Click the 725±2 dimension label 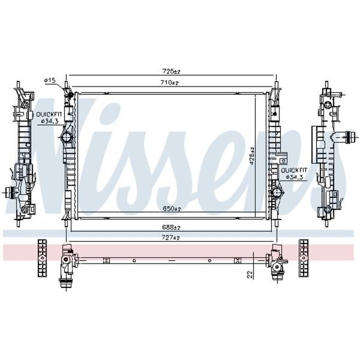pos(172,71)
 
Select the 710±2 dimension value pos(170,82)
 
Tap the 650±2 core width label pos(172,208)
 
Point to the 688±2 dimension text pos(171,227)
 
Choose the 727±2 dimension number pos(171,238)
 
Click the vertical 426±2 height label pos(252,156)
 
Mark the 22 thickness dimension pos(250,275)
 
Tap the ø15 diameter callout pos(50,80)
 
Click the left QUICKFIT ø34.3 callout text pos(49,118)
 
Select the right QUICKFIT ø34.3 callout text pos(294,173)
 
